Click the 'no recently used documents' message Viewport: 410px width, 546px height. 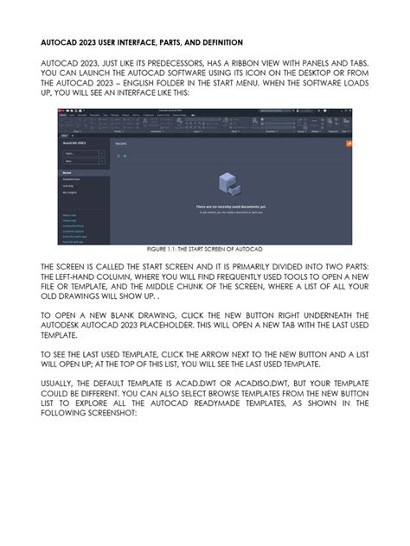pyautogui.click(x=233, y=206)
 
